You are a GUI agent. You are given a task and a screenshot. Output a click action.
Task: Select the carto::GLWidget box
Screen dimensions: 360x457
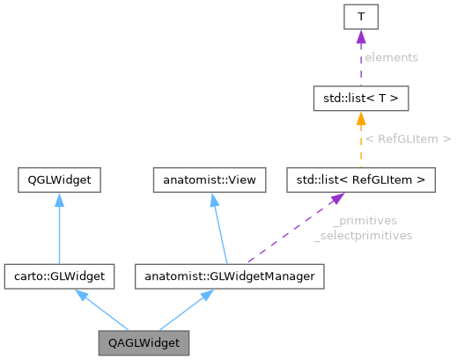pyautogui.click(x=58, y=276)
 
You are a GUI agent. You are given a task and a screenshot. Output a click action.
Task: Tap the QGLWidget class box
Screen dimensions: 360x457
pyautogui.click(x=58, y=180)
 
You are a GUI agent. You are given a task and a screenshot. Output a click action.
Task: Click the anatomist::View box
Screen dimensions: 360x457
pyautogui.click(x=210, y=180)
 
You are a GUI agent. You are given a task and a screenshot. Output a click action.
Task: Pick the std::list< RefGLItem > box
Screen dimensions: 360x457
pyautogui.click(x=361, y=180)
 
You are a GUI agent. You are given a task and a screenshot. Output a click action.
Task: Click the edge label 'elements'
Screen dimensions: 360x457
pyautogui.click(x=392, y=56)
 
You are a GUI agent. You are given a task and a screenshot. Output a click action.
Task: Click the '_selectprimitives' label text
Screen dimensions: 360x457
pyautogui.click(x=363, y=235)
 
